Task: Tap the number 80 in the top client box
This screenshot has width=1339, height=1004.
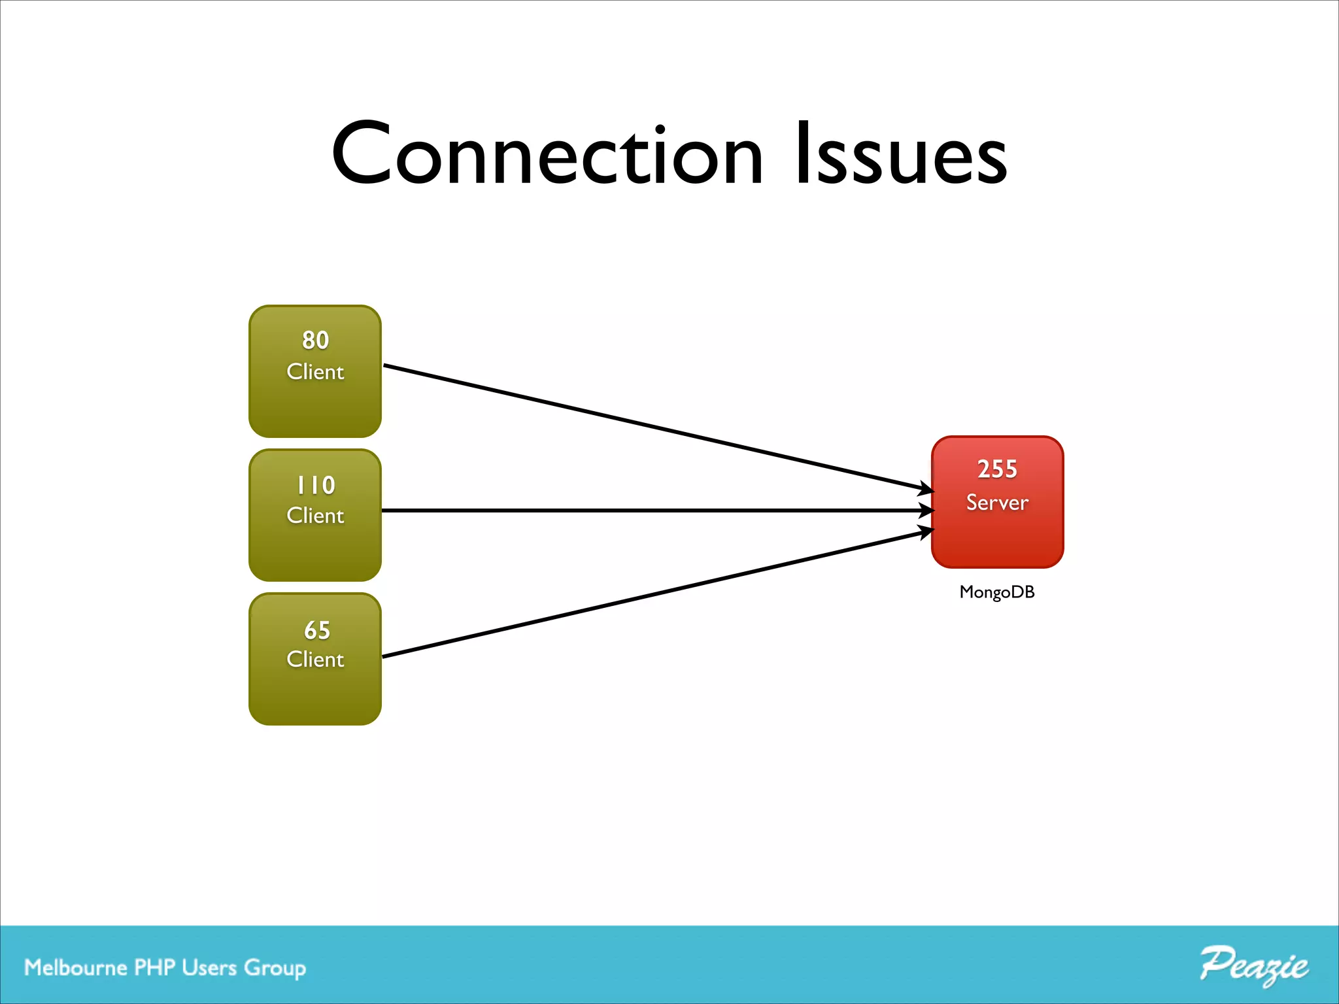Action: pyautogui.click(x=315, y=340)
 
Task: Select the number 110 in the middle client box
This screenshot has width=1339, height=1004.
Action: pyautogui.click(x=315, y=485)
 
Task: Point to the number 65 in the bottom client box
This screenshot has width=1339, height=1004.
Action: pyautogui.click(x=316, y=630)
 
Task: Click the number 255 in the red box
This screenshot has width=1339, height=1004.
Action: pyautogui.click(x=997, y=469)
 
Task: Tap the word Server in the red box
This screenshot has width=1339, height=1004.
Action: pyautogui.click(x=997, y=502)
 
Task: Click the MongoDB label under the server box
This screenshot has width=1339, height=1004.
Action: pyautogui.click(x=997, y=592)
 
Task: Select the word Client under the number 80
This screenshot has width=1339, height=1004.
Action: pyautogui.click(x=315, y=372)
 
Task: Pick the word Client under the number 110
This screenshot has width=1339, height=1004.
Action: pyautogui.click(x=315, y=516)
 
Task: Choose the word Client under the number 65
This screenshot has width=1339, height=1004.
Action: pyautogui.click(x=315, y=660)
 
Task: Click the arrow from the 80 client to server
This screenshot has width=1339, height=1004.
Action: pyautogui.click(x=654, y=427)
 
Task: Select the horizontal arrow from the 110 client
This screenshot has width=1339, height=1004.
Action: pyautogui.click(x=654, y=510)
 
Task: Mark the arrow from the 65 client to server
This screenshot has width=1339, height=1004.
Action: pyautogui.click(x=654, y=594)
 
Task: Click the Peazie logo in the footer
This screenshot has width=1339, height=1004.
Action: pyautogui.click(x=1253, y=966)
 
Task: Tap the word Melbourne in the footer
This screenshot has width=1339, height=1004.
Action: pyautogui.click(x=75, y=967)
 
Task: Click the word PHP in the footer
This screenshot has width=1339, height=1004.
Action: pyautogui.click(x=154, y=967)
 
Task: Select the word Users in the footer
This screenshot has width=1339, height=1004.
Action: pyautogui.click(x=209, y=967)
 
